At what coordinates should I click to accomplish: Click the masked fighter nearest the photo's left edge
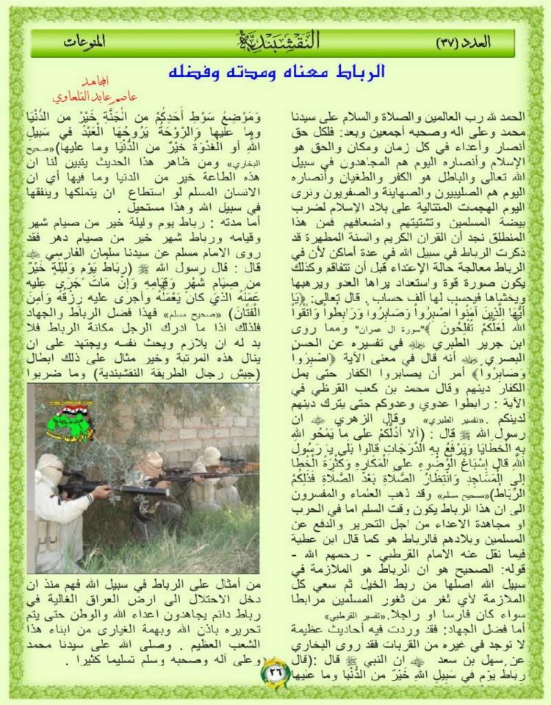[x=53, y=514]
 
